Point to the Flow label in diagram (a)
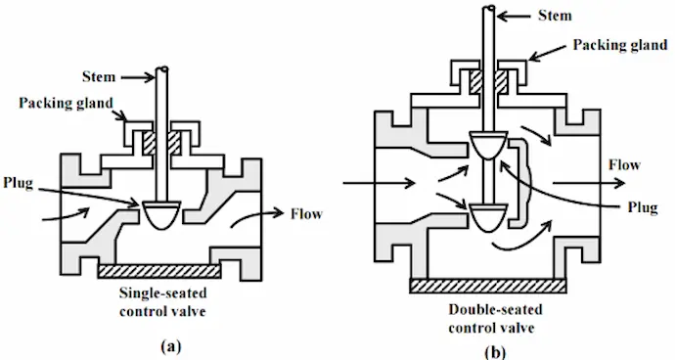click(306, 212)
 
